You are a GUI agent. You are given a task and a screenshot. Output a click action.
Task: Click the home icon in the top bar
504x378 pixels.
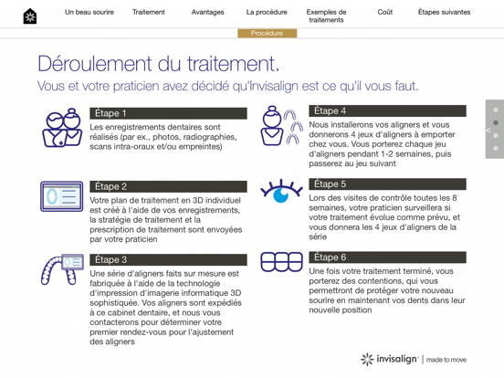click(30, 16)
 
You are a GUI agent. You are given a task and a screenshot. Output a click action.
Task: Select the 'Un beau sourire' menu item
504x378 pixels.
click(89, 13)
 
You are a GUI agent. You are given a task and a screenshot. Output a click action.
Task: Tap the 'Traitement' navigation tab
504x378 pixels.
click(149, 13)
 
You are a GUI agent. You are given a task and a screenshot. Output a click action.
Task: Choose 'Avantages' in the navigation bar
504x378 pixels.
click(208, 13)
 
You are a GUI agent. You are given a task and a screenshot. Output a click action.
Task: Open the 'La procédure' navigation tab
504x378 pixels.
click(267, 13)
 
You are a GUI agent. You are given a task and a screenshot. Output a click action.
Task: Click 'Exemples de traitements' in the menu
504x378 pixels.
click(326, 16)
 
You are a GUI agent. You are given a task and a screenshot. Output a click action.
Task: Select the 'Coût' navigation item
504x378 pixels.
click(385, 13)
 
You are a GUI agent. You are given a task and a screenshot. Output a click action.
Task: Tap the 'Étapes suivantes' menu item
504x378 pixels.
click(444, 13)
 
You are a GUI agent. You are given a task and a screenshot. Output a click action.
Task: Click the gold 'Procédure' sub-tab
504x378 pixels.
click(267, 34)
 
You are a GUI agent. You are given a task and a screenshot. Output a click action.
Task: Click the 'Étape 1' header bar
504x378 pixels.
click(168, 113)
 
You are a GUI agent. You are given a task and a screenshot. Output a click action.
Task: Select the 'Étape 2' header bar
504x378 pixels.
click(168, 186)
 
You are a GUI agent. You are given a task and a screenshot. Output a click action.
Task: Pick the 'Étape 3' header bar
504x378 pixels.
click(168, 259)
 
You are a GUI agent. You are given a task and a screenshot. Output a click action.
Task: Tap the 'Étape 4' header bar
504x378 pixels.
click(387, 110)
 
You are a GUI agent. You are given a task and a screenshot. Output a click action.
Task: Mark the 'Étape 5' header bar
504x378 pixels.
click(387, 184)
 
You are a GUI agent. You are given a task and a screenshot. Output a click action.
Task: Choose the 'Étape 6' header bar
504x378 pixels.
click(387, 257)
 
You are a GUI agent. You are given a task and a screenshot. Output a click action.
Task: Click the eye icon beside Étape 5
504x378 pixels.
click(281, 192)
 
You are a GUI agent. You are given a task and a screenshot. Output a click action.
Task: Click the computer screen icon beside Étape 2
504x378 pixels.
click(61, 196)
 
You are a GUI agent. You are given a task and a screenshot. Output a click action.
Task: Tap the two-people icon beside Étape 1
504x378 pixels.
click(62, 128)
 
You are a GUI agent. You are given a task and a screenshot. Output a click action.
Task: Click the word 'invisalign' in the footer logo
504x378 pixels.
click(397, 359)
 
